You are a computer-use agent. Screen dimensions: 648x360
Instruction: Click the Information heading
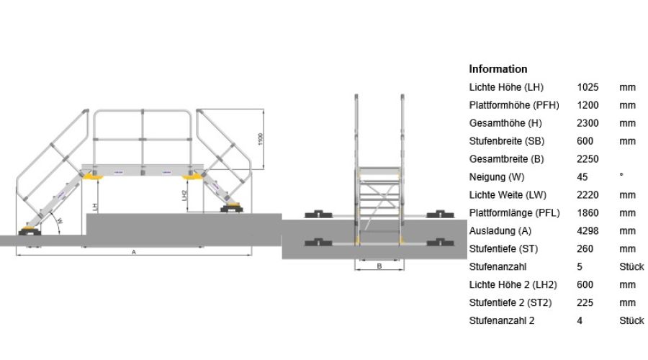pyautogui.click(x=498, y=69)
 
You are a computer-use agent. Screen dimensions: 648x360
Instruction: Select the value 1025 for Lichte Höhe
pyautogui.click(x=588, y=87)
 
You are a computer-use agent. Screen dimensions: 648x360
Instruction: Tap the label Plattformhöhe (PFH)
pyautogui.click(x=514, y=105)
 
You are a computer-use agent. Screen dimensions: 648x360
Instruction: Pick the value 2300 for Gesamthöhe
pyautogui.click(x=588, y=123)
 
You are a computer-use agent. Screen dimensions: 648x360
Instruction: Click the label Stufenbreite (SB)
pyautogui.click(x=507, y=141)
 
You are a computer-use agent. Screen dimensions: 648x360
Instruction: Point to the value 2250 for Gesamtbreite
pyautogui.click(x=588, y=159)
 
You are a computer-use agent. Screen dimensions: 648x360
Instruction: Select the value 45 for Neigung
pyautogui.click(x=582, y=177)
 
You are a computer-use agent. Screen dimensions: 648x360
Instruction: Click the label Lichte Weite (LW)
pyautogui.click(x=508, y=195)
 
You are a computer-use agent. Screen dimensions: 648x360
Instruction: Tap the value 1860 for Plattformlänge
pyautogui.click(x=588, y=213)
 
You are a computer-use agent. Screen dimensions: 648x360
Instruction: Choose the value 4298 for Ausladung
pyautogui.click(x=588, y=231)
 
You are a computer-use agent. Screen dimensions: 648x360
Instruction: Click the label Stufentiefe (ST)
pyautogui.click(x=503, y=249)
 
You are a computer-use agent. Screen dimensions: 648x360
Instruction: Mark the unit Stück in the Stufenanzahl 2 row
pyautogui.click(x=631, y=320)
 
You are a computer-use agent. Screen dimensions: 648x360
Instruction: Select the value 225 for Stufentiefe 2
pyautogui.click(x=585, y=303)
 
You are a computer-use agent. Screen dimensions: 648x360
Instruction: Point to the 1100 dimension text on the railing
pyautogui.click(x=260, y=139)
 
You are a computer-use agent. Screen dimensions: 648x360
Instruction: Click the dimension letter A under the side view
pyautogui.click(x=133, y=252)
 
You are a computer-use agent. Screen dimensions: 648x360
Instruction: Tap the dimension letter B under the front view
pyautogui.click(x=379, y=266)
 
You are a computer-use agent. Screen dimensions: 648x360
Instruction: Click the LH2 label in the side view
pyautogui.click(x=184, y=196)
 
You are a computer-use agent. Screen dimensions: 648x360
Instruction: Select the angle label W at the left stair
pyautogui.click(x=60, y=221)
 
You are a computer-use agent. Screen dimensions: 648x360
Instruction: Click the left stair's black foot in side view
pyautogui.click(x=30, y=231)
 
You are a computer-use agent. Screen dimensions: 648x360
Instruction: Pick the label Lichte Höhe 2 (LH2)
pyautogui.click(x=513, y=285)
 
